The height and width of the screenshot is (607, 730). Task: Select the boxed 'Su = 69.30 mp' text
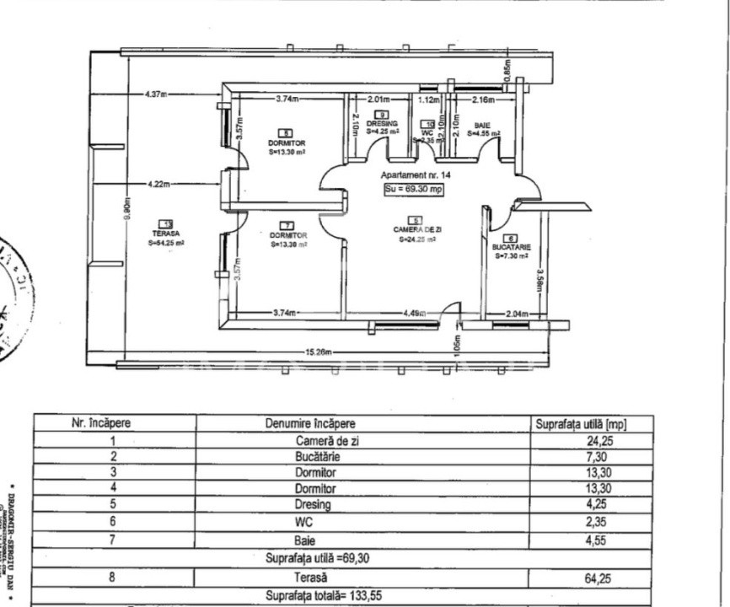click(x=413, y=190)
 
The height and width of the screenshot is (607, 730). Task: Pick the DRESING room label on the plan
click(x=382, y=123)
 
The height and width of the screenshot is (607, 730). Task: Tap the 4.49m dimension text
click(x=412, y=314)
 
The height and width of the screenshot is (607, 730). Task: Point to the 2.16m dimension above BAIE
click(x=482, y=99)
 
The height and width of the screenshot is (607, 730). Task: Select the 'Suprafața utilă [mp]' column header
click(x=581, y=423)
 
